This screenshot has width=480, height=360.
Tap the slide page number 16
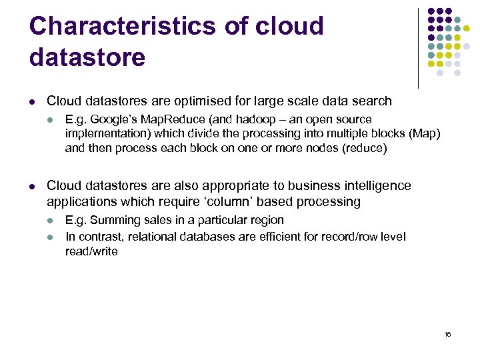[x=447, y=333]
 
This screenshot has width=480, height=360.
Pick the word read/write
[x=91, y=251]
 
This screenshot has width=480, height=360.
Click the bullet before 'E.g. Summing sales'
[x=50, y=221]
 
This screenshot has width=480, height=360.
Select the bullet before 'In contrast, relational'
[x=50, y=237]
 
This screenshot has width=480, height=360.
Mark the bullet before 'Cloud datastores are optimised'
[x=32, y=102]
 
